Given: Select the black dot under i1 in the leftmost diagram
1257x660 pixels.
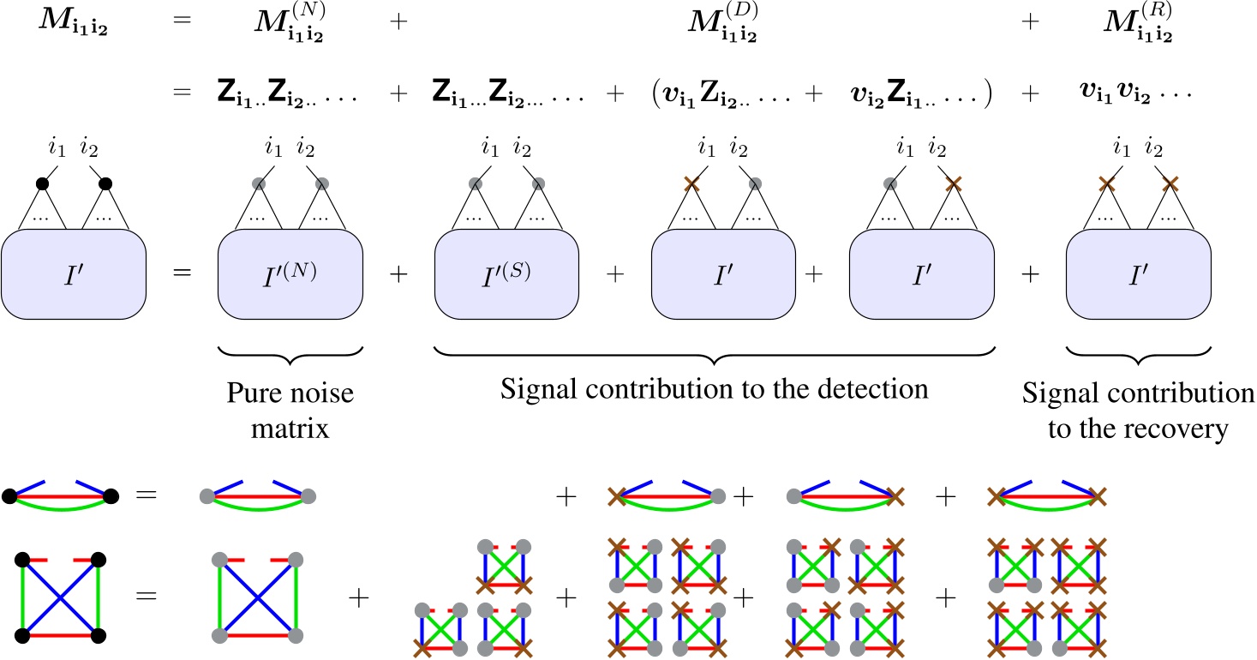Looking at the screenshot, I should click(x=41, y=183).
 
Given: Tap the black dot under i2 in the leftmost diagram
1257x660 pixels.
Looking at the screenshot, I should click(x=106, y=183).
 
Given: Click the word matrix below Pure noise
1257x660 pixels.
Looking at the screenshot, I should click(x=290, y=428).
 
